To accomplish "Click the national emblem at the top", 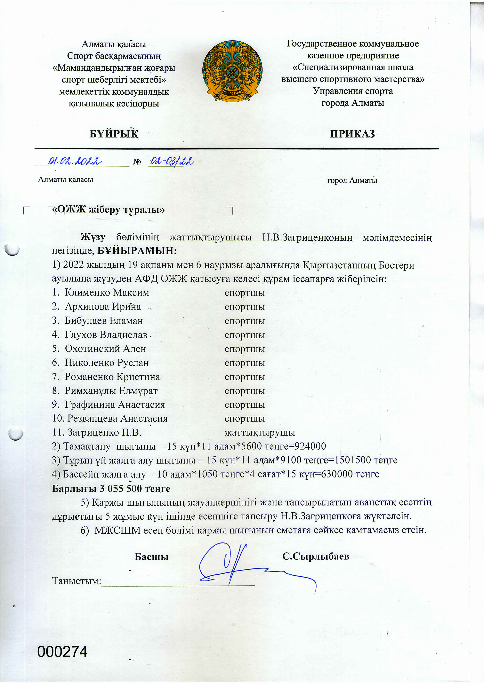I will (232, 72).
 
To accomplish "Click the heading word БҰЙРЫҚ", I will (114, 134).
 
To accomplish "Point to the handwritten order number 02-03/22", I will (171, 162).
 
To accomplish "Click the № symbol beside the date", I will (137, 162).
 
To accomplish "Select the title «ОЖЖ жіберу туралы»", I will (109, 210).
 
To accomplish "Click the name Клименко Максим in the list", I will (107, 293).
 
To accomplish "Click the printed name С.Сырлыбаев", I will (316, 556).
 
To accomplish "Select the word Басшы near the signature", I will (151, 557).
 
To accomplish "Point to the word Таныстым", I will (77, 581).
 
